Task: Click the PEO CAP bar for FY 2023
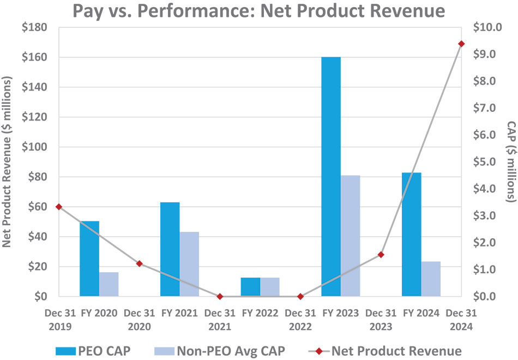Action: (331, 177)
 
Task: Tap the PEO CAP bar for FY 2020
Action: (89, 259)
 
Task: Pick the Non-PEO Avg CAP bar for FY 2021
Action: (189, 264)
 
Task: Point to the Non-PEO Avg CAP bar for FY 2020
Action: (109, 284)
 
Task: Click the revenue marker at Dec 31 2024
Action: (461, 44)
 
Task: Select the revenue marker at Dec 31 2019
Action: (59, 207)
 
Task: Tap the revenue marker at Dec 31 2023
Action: (381, 255)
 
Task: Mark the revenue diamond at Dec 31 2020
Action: (139, 263)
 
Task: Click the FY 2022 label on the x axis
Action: (260, 313)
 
